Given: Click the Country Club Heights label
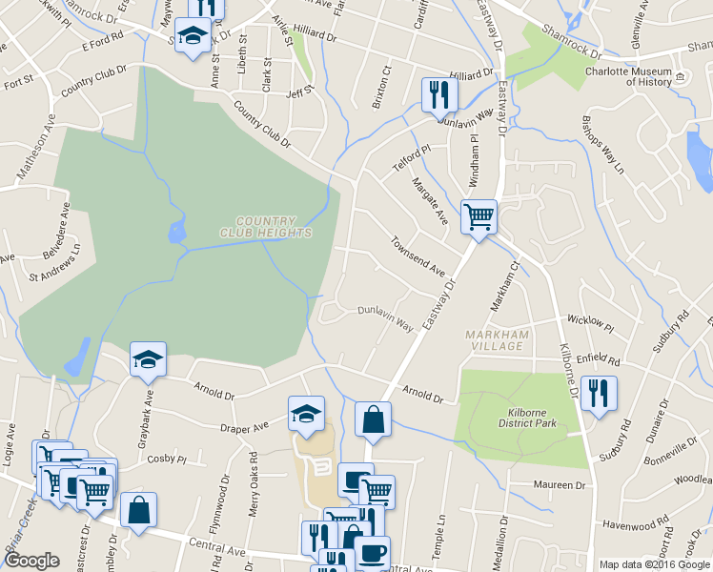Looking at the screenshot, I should [265, 227].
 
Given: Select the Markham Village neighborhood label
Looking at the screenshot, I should [496, 339].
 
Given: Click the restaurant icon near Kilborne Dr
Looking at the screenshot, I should [598, 393].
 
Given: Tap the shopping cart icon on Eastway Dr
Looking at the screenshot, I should [479, 216].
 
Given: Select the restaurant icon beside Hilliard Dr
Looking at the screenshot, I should [439, 93].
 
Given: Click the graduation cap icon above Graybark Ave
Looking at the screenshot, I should [148, 358].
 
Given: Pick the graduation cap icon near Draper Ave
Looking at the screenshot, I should [305, 413].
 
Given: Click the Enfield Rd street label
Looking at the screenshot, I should [599, 359].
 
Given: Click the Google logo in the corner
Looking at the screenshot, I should [31, 561].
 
